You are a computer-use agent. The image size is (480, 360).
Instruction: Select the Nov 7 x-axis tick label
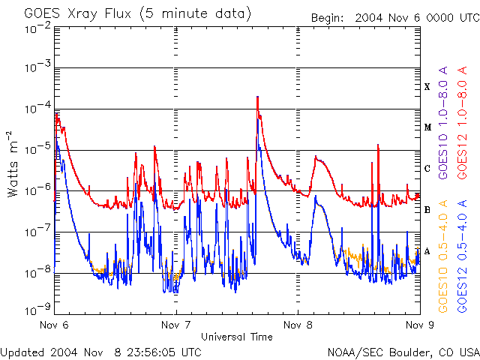[175, 325]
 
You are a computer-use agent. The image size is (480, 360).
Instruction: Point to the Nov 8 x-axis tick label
[297, 325]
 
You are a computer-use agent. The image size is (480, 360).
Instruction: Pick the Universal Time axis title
[236, 337]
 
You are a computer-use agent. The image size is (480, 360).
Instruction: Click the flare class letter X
[427, 87]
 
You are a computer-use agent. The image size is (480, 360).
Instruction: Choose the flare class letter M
[427, 127]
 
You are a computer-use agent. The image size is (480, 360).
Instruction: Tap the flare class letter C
[427, 169]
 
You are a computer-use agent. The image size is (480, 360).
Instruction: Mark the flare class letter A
[427, 250]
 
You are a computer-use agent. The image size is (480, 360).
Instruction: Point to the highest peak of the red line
[257, 97]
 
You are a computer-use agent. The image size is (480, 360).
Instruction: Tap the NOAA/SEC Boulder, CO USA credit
[403, 351]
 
